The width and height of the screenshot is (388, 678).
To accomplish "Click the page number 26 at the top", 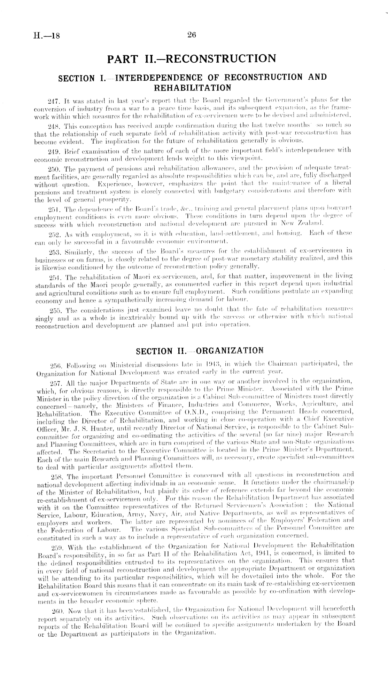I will (x=192, y=34).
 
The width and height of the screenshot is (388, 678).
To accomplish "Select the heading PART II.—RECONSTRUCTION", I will (x=191, y=58).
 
